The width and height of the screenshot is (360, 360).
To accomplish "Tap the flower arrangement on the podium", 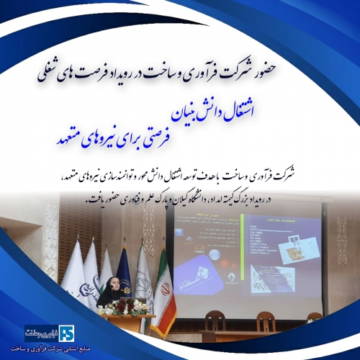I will tap(133, 308).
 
